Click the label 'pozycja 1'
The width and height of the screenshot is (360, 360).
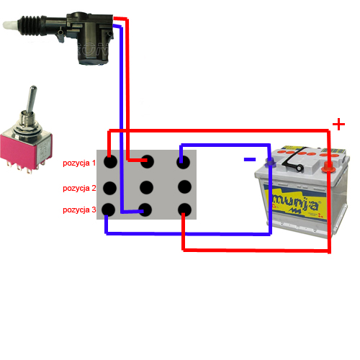tap(79, 163)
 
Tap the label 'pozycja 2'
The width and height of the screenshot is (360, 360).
tap(79, 189)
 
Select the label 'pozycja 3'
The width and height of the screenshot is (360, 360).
tap(79, 210)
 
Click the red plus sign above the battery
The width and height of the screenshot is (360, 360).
tap(338, 125)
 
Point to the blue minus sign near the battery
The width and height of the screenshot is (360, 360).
tap(250, 159)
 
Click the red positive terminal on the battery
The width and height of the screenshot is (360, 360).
tap(328, 167)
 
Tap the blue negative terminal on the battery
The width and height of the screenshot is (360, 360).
tap(270, 163)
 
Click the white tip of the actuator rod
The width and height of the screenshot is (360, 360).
tap(10, 24)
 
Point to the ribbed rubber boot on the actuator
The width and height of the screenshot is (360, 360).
tap(31, 26)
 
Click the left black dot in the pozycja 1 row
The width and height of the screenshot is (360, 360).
tap(110, 161)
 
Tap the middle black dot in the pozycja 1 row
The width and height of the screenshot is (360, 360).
tap(147, 161)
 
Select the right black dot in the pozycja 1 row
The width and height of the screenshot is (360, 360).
tap(184, 162)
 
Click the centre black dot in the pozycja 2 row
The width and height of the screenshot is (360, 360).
tap(146, 187)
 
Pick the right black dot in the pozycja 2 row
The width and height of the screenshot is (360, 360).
tap(184, 186)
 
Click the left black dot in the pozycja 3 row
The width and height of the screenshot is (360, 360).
tap(109, 210)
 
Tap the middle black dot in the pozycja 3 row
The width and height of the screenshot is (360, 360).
tap(145, 210)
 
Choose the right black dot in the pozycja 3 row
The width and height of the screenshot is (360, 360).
tap(184, 210)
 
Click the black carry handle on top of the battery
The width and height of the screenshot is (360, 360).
tap(293, 160)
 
